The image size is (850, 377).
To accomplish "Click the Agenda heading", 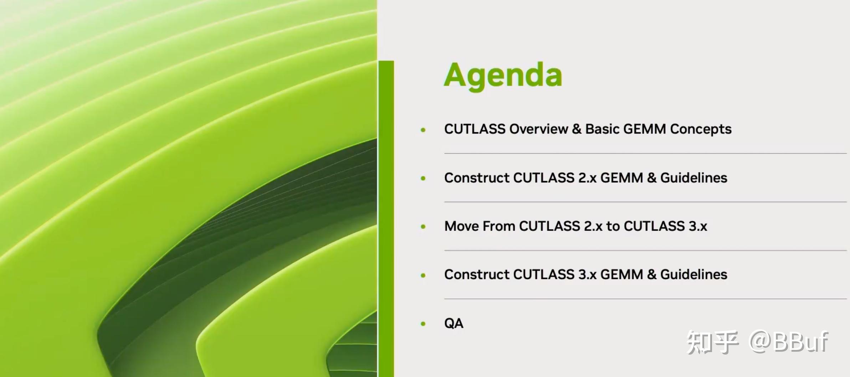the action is point(503,76).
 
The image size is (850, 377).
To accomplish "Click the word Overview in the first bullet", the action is point(539,129).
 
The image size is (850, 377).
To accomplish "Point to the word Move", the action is point(462,226).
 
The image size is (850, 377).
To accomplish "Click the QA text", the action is point(454,323).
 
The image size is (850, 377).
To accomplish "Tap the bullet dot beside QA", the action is point(423,324).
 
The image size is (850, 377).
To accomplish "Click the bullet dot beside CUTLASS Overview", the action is point(423,130).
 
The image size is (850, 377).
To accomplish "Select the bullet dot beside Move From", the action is point(423,227).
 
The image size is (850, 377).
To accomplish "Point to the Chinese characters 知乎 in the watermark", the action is point(712,342).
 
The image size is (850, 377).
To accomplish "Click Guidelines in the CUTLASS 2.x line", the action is point(694,178).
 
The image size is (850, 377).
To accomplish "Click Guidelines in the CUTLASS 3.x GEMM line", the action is point(694,274).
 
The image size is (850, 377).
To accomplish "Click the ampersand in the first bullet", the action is point(577,129).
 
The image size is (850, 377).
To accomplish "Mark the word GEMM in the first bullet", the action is point(645,129).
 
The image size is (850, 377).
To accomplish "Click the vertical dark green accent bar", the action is point(386,219).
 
